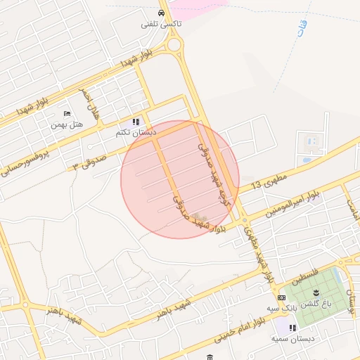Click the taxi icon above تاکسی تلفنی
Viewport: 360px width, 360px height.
162,13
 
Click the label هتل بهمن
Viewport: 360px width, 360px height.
67,124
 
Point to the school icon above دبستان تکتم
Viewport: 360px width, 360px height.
136,122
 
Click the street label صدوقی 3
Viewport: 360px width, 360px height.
86,163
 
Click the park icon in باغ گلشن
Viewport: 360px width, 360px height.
315,293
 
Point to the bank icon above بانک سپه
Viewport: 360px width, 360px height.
281,298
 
